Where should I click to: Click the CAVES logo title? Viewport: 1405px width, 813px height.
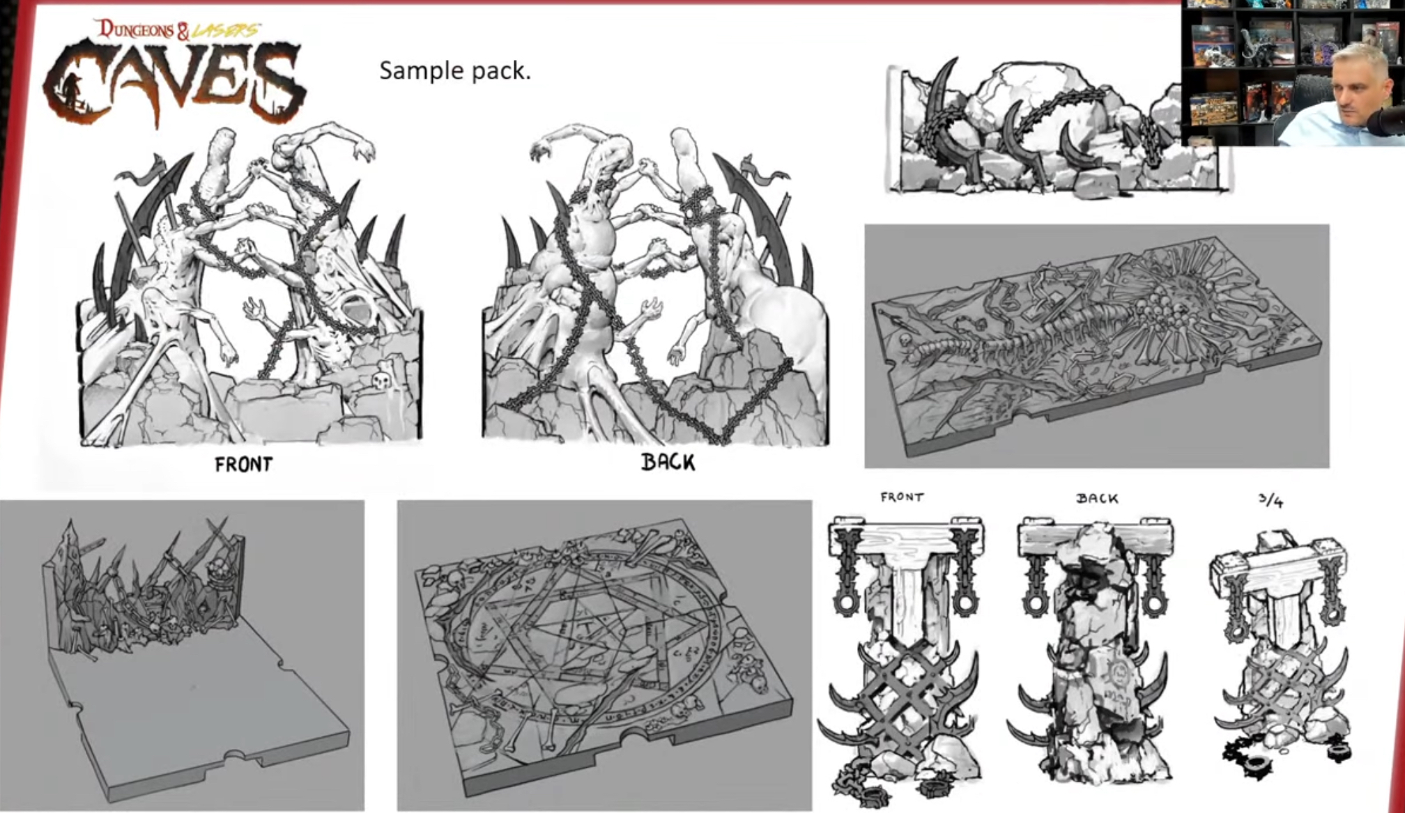coord(174,82)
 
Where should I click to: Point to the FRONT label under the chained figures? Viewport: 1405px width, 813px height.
coord(243,464)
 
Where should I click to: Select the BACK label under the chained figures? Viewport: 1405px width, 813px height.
coord(668,462)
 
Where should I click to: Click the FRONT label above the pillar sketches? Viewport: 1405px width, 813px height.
coord(902,497)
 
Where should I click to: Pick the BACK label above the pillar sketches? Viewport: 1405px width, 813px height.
coord(1097,498)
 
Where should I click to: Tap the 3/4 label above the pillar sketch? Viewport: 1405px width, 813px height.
coord(1270,500)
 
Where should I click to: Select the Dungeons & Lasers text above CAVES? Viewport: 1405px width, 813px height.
coord(178,30)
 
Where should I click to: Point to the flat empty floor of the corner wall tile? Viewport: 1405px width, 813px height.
coord(202,718)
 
